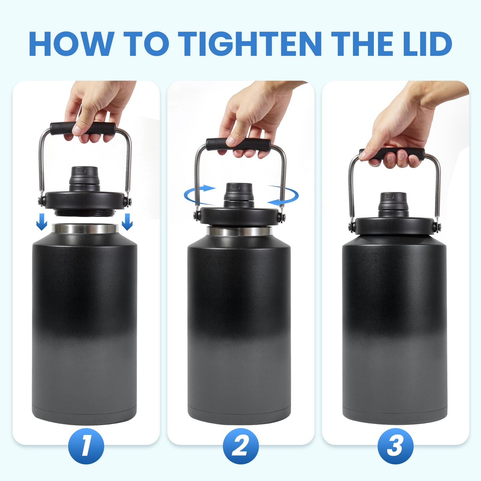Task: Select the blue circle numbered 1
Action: (86, 446)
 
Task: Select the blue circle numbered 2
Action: (240, 446)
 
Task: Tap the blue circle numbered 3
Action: (395, 446)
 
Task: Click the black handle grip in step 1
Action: (83, 128)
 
